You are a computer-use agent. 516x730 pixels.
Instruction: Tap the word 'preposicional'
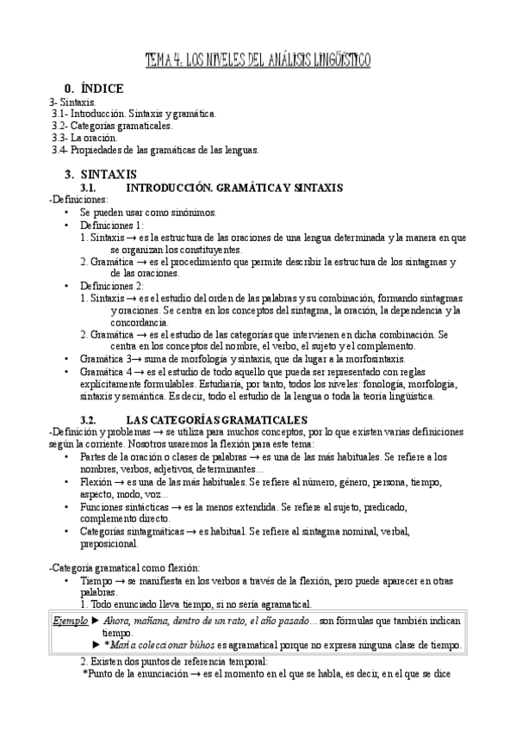(109, 543)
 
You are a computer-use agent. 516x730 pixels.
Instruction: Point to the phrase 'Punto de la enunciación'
(137, 675)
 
